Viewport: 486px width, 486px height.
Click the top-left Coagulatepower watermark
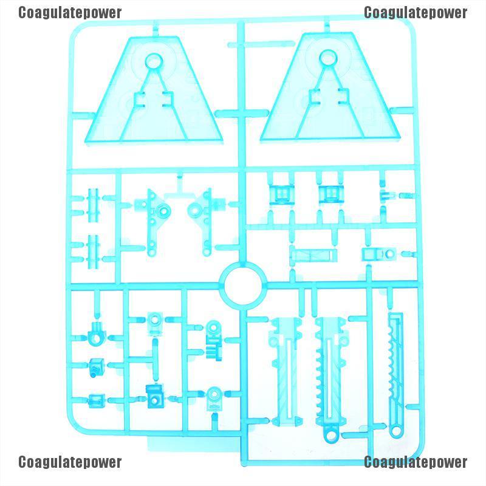70,13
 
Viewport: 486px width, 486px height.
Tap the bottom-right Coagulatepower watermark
416,462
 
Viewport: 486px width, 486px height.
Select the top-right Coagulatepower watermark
416,13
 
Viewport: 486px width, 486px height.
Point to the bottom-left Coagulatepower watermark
70,462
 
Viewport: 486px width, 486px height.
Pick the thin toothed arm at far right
396,371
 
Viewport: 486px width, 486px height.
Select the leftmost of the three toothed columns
284,371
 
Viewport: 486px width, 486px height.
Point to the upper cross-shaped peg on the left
93,205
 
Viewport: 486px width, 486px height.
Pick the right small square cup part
329,194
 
